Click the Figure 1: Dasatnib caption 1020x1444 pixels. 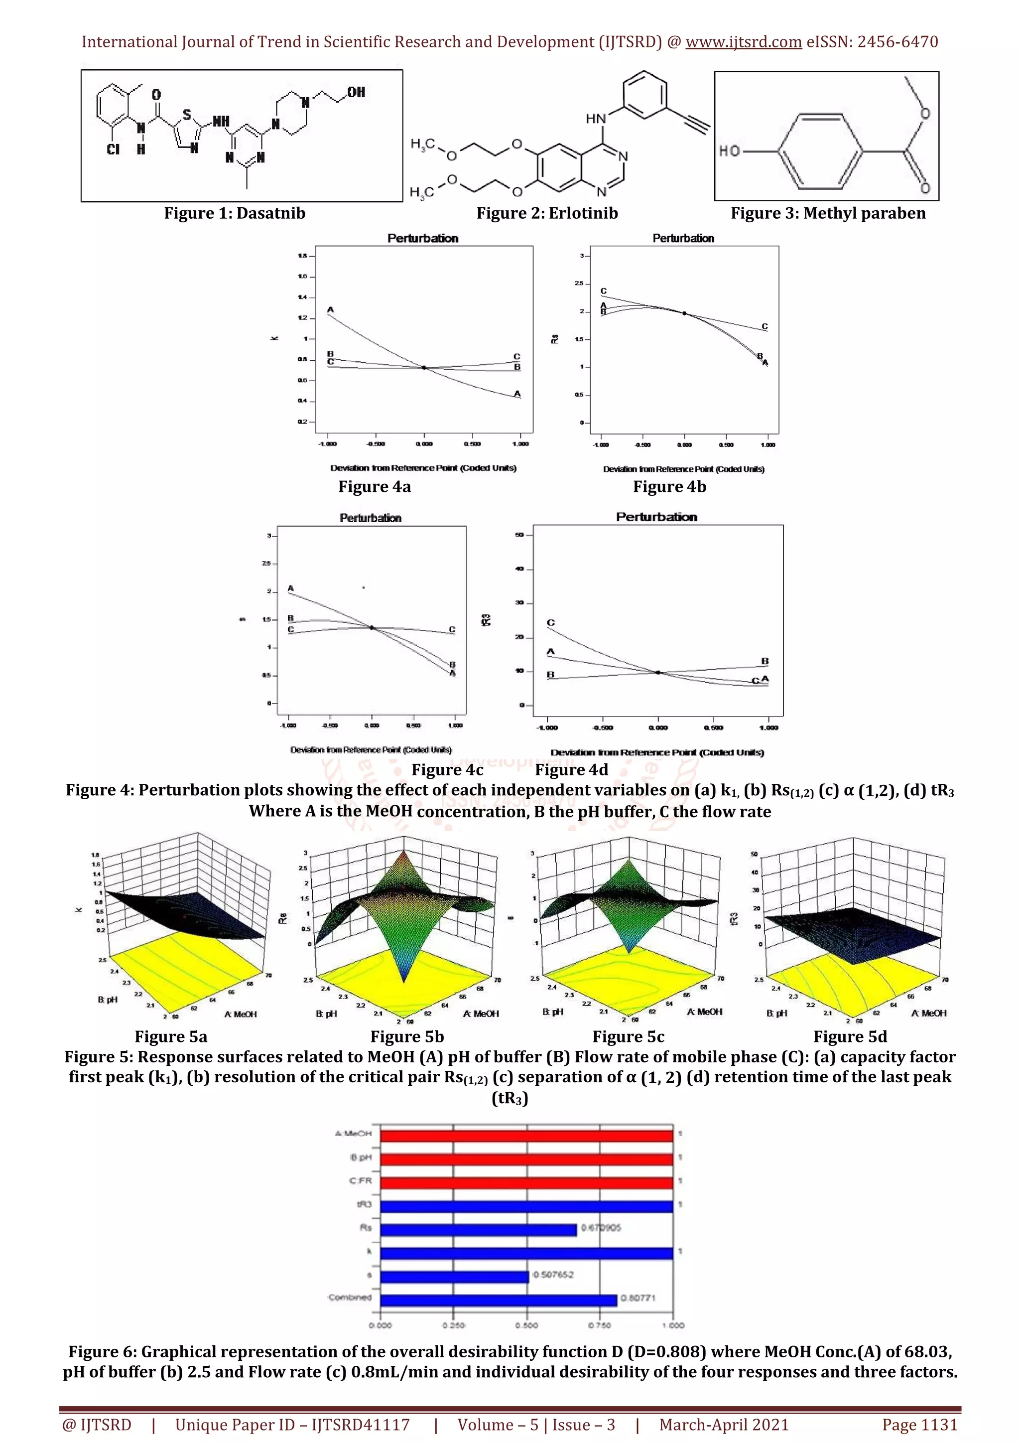coord(235,213)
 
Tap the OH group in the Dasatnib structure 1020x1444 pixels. coord(356,93)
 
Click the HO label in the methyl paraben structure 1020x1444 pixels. coord(729,151)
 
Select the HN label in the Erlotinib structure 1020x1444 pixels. coord(596,118)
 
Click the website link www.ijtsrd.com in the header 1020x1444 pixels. coord(744,42)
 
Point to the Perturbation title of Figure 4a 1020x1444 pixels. coord(422,238)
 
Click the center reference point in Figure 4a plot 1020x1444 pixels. coord(424,368)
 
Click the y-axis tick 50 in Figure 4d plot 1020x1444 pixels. coord(519,535)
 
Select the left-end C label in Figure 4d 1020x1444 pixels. coord(550,623)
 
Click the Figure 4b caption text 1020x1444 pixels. coord(669,487)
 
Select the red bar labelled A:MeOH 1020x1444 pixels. coord(526,1137)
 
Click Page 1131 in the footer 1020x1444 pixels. coord(919,1425)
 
